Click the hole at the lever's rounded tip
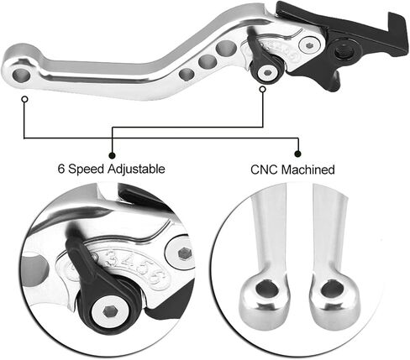21,76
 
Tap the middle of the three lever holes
208,61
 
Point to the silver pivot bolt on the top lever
309,44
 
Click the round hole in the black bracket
344,51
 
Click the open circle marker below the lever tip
25,99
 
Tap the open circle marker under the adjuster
262,89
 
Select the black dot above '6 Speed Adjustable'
112,155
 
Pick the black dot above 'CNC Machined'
298,154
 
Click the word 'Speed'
86,170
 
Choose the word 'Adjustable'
136,170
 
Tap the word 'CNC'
265,170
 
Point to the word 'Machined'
308,170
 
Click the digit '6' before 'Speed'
61,169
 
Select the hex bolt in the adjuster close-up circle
108,311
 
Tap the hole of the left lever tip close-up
267,290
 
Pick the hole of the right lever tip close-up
332,290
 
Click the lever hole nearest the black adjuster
226,48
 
